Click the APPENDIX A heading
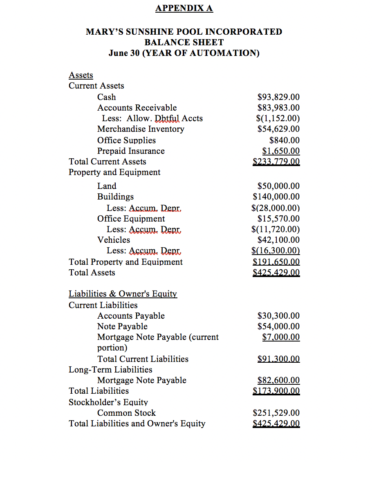[x=184, y=8]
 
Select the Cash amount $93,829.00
[x=278, y=97]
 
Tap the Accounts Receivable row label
[x=137, y=108]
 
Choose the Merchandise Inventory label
[x=141, y=129]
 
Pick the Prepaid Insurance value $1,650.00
[x=281, y=151]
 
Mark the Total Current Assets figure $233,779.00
[x=276, y=162]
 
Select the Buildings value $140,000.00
[x=276, y=197]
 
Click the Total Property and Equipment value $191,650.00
[x=276, y=262]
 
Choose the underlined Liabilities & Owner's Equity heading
[x=123, y=294]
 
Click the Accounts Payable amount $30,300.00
[x=278, y=316]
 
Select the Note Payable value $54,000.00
[x=278, y=326]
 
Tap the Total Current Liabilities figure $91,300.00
[x=278, y=359]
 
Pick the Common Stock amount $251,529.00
[x=276, y=413]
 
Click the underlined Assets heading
[x=81, y=75]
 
